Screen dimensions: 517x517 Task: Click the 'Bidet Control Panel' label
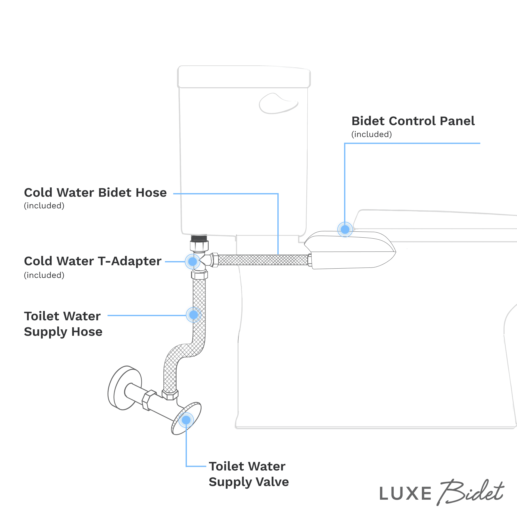(413, 121)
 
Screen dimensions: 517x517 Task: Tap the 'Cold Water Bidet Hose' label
(95, 193)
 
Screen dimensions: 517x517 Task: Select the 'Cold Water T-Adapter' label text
(93, 261)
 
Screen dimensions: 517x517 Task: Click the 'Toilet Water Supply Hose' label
(63, 324)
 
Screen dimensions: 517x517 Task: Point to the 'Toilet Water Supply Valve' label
(249, 474)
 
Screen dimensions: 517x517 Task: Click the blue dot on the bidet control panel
(345, 229)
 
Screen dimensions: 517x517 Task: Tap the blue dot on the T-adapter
(192, 261)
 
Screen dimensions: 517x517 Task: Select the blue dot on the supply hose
(193, 315)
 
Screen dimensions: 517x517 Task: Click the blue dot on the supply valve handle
(186, 420)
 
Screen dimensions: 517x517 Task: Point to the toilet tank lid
(244, 77)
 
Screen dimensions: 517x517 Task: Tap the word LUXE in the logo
(405, 493)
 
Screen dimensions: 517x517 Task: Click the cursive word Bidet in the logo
(471, 492)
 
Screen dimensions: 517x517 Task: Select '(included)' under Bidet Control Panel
(371, 134)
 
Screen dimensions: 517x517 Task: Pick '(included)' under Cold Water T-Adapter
(44, 275)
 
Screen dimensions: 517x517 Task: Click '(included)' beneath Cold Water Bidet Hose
(44, 206)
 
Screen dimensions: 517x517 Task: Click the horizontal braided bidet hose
(264, 260)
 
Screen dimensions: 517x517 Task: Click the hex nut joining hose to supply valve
(170, 395)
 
